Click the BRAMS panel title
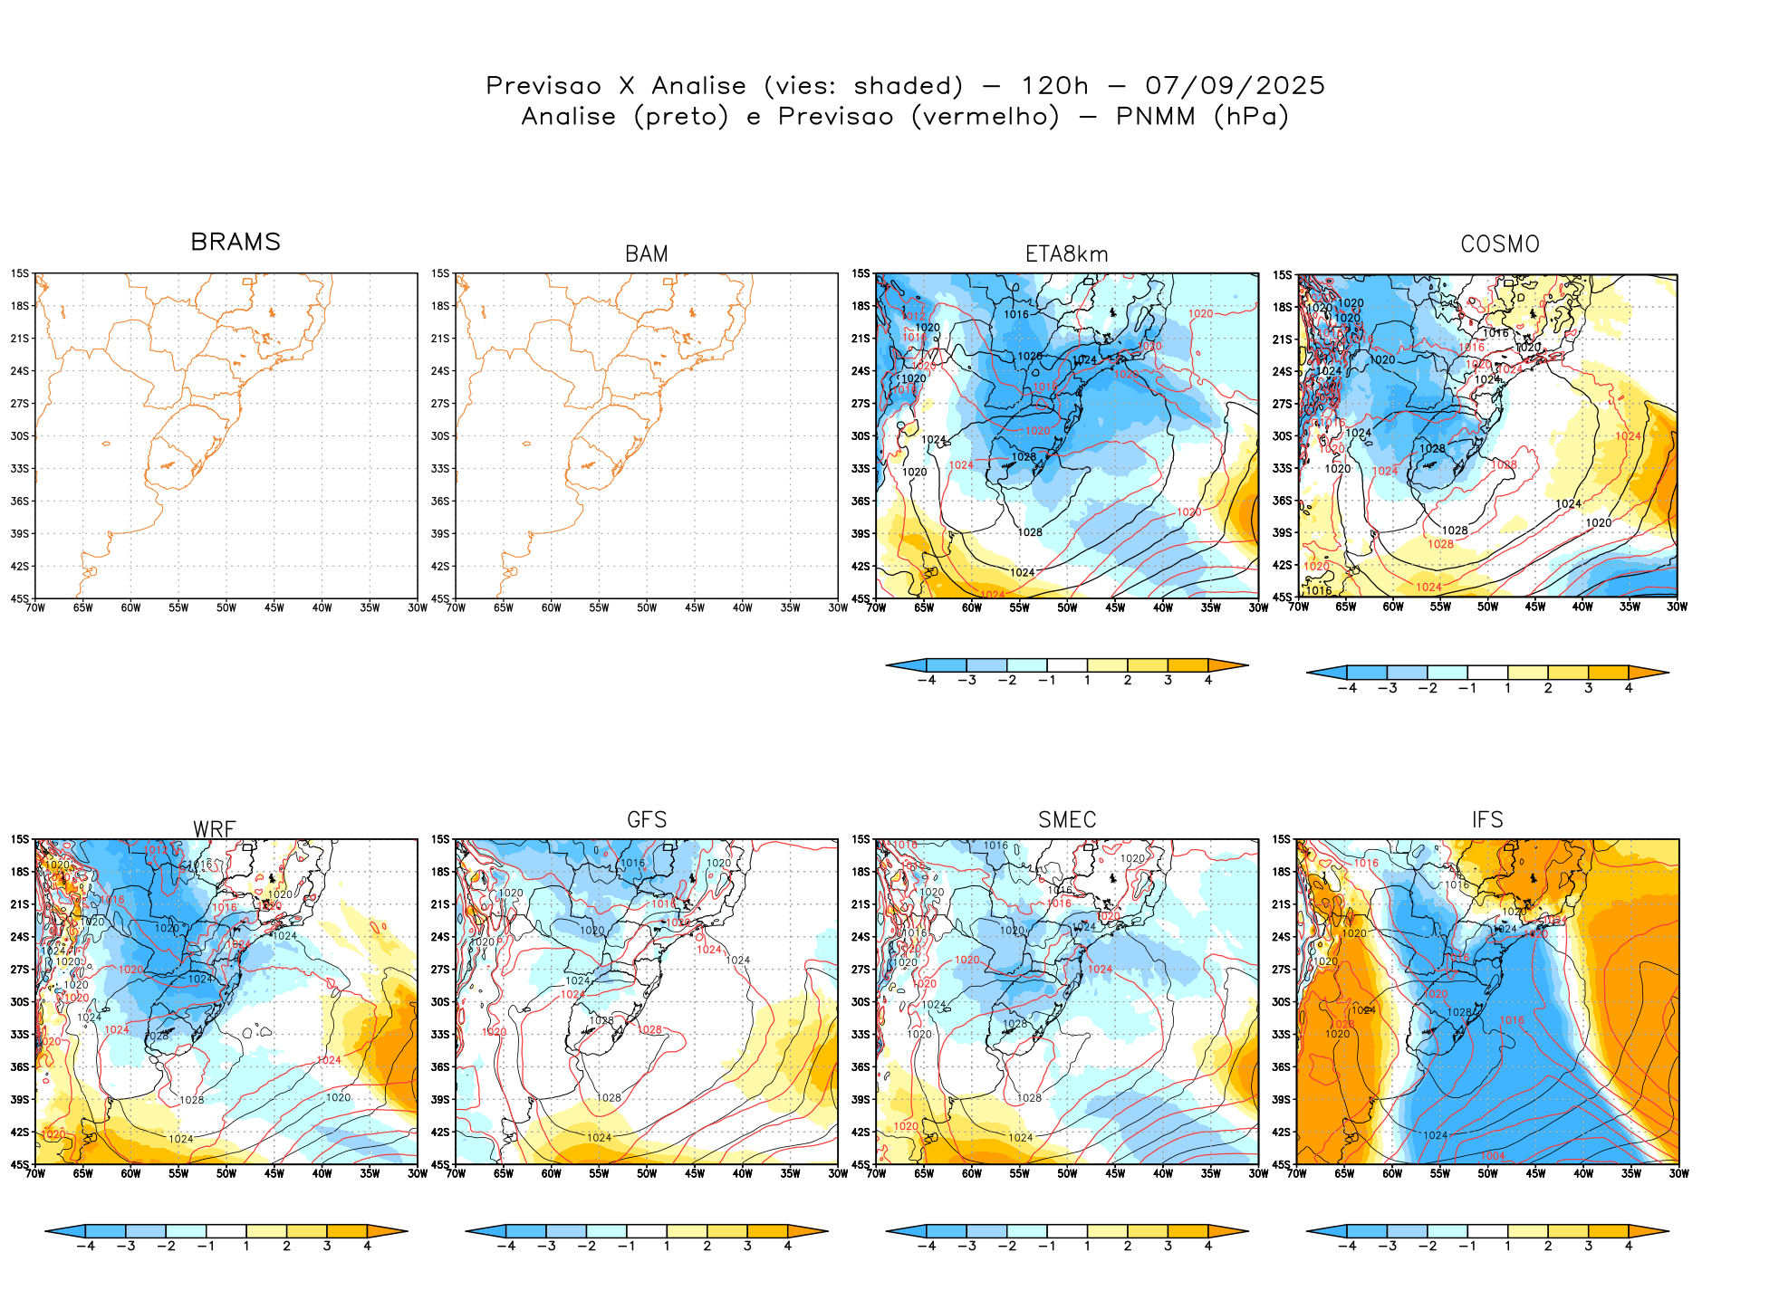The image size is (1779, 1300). (236, 242)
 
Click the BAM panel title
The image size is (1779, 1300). (647, 254)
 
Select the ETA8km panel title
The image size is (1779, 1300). (1067, 254)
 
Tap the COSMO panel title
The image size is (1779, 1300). (1500, 244)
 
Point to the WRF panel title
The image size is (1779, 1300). (215, 829)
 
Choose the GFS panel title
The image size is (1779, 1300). (647, 819)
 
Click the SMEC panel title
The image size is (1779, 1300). (1067, 819)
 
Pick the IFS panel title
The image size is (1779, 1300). (1487, 819)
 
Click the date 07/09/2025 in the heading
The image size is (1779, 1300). (1235, 86)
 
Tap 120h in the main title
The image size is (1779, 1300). (1054, 86)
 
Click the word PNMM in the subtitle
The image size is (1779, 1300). (1155, 117)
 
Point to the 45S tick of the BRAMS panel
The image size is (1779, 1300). (20, 598)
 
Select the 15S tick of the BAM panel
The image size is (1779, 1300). (440, 273)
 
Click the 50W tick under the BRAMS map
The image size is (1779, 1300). (226, 608)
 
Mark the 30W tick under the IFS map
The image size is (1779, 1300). (1678, 1173)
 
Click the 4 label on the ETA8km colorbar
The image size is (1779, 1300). (1208, 680)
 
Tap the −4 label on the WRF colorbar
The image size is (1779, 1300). (85, 1246)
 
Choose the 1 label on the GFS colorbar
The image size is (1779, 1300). (667, 1246)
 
